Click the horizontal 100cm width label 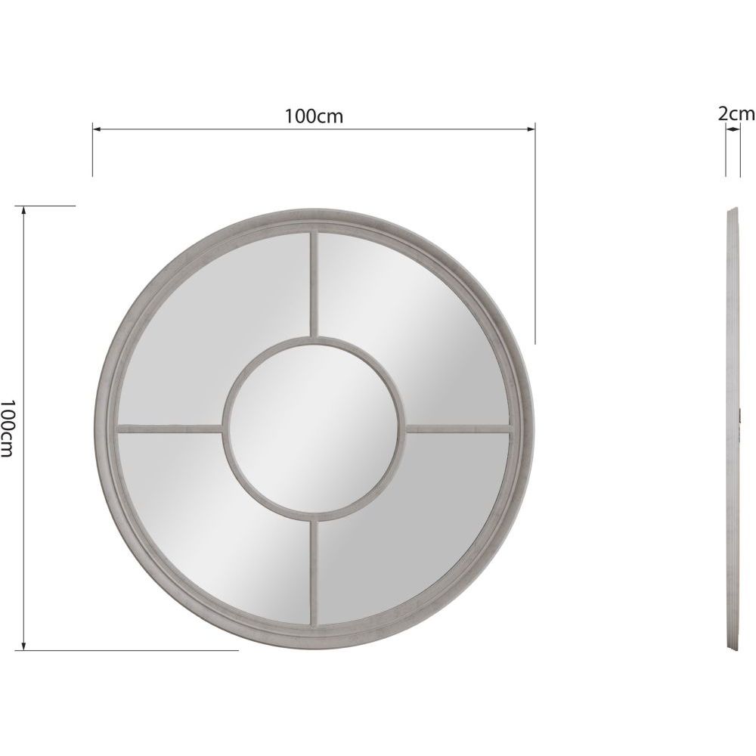[x=314, y=116]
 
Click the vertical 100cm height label [x=8, y=428]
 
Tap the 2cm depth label [x=736, y=113]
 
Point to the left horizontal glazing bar [x=170, y=428]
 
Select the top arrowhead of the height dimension [x=25, y=210]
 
